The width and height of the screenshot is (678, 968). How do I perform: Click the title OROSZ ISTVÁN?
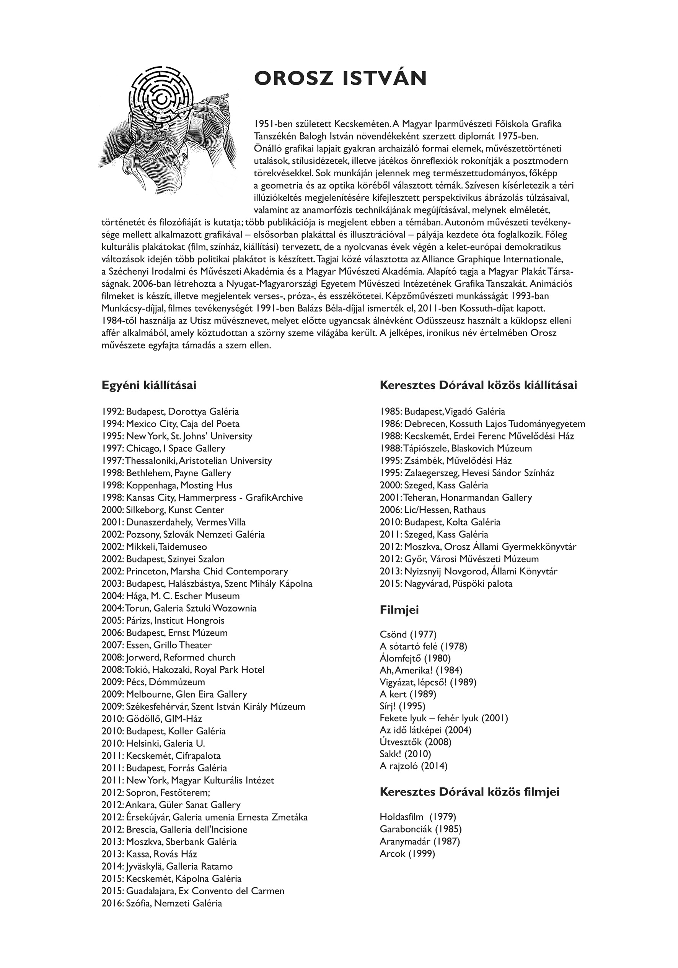[341, 78]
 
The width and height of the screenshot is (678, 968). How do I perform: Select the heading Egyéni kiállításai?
[149, 386]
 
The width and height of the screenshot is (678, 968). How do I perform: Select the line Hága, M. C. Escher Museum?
[170, 596]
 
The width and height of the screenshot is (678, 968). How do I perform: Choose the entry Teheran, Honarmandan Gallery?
[456, 498]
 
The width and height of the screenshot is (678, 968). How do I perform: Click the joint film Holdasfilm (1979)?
[418, 817]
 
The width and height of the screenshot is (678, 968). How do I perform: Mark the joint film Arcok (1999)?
[407, 854]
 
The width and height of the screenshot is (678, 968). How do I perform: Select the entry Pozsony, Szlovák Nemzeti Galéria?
[183, 535]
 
